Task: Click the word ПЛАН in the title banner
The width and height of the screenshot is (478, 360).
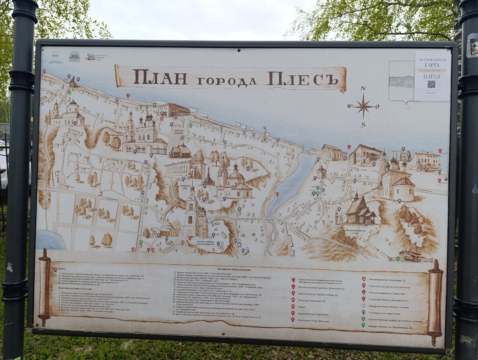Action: pyautogui.click(x=160, y=77)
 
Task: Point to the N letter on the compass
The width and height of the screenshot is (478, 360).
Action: pyautogui.click(x=363, y=88)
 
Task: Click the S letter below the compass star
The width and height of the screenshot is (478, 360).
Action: pyautogui.click(x=363, y=124)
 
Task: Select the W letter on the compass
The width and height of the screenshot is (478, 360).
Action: pyautogui.click(x=350, y=106)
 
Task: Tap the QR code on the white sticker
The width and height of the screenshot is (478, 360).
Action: pyautogui.click(x=431, y=84)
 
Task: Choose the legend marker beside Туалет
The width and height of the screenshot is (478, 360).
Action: pyautogui.click(x=293, y=307)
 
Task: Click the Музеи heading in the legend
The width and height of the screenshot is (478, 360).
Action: pyautogui.click(x=62, y=269)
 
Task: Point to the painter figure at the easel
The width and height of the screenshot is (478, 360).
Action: pyautogui.click(x=339, y=217)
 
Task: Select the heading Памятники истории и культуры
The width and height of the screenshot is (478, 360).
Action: pyautogui.click(x=76, y=288)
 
